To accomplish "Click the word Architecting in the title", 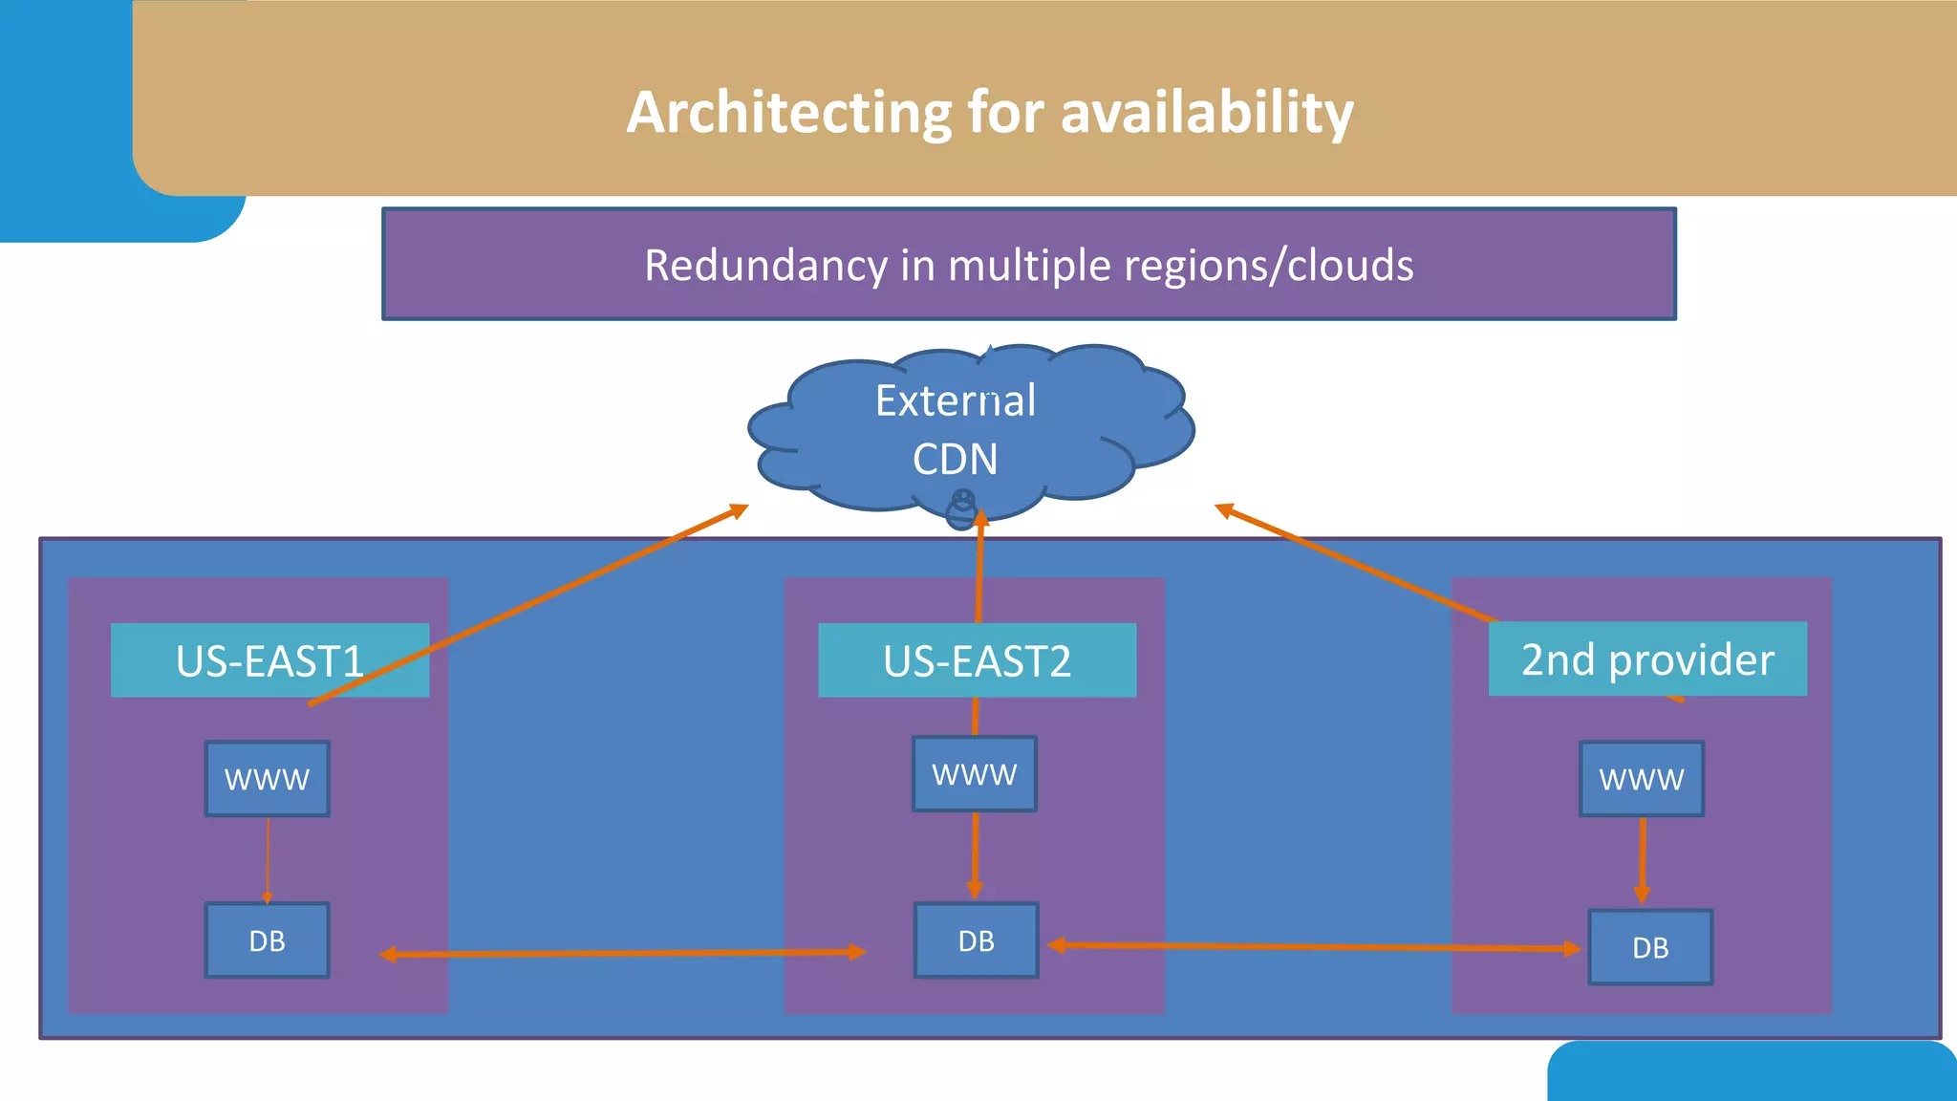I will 788,113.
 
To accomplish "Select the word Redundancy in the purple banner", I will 765,266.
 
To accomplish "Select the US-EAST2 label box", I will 977,660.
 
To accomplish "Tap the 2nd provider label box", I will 1647,659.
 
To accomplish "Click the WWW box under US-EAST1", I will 268,779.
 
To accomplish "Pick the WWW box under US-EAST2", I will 975,774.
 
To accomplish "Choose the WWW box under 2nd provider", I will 1642,779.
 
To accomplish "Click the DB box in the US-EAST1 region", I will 268,940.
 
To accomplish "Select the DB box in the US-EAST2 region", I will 976,940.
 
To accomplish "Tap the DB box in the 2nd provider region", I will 1650,947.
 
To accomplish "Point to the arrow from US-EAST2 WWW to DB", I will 975,855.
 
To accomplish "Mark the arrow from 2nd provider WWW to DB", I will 1642,860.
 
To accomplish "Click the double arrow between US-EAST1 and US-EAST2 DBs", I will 621,953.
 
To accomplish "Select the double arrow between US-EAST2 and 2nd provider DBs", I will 1314,947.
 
